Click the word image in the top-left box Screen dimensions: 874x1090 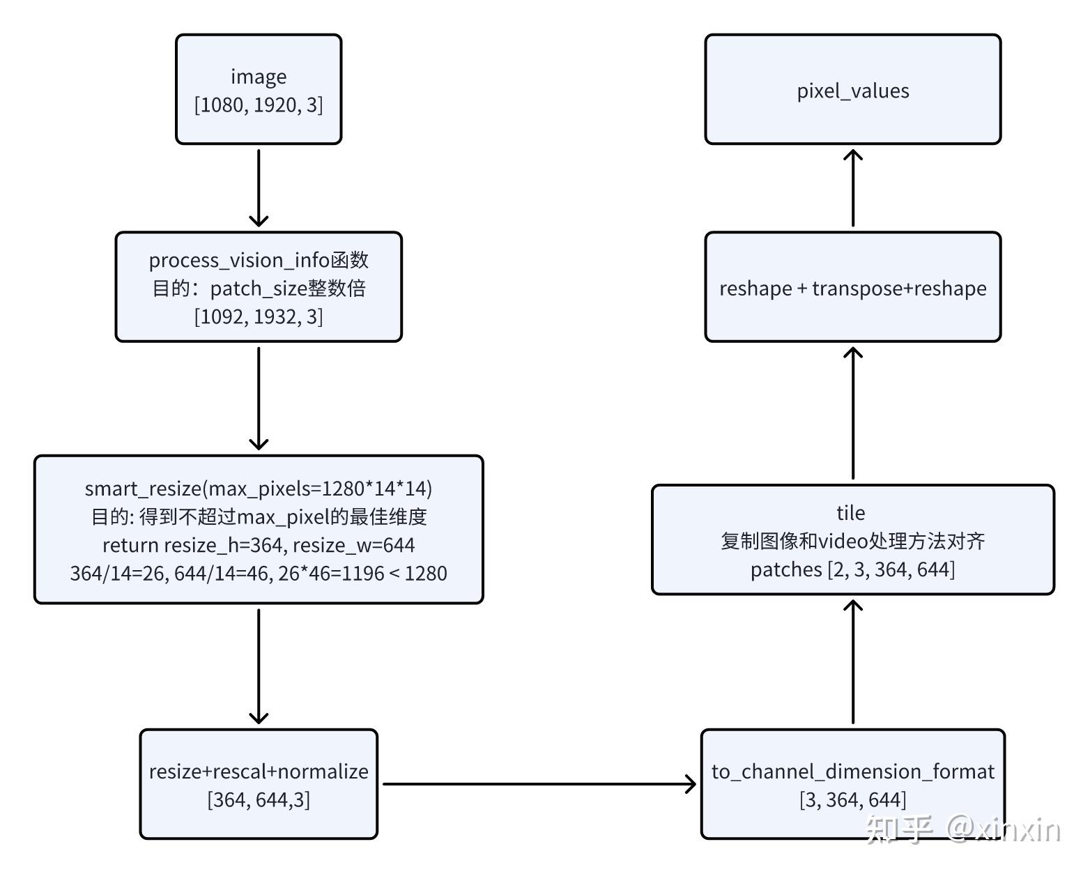[x=259, y=76]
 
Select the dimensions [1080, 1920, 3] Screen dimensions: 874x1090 [x=259, y=105]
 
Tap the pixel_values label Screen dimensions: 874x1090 [x=853, y=91]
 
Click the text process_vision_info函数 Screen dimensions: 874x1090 [x=259, y=260]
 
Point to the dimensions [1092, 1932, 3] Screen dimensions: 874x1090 [x=259, y=316]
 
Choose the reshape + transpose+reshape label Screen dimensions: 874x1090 [x=853, y=288]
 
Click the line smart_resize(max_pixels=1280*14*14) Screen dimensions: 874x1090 [x=259, y=488]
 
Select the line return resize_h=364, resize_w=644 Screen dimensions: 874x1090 [x=259, y=544]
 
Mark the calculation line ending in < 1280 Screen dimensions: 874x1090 [x=259, y=573]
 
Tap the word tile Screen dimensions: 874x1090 [x=851, y=513]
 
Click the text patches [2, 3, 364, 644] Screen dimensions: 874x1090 [x=852, y=569]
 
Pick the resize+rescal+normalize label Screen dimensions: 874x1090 [x=259, y=771]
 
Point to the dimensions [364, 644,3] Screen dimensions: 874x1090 [x=259, y=799]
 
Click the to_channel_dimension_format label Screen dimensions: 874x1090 [x=852, y=771]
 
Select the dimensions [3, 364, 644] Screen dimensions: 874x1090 [x=852, y=799]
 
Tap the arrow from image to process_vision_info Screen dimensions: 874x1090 [x=259, y=188]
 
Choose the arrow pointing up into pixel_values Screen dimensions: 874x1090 [x=853, y=187]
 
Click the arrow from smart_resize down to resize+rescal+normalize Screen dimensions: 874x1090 [x=259, y=666]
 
